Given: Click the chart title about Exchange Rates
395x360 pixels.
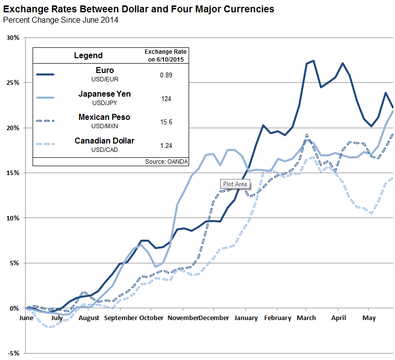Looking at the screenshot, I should pos(138,9).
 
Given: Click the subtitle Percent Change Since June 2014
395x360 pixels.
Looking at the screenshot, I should pos(61,20).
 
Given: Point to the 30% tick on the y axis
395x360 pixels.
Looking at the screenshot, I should pos(12,38).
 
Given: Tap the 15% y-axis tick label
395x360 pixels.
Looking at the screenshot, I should pos(12,173).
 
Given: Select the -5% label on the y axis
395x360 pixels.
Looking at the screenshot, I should pos(12,353).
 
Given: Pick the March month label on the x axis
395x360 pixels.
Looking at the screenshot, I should pos(306,318).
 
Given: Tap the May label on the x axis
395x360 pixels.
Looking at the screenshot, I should pos(368,318).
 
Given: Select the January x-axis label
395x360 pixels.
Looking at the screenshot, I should pos(245,318).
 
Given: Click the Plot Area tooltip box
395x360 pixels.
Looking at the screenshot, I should pos(236,184).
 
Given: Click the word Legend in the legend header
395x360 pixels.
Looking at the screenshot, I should pos(88,55).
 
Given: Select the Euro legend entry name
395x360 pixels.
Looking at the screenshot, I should pos(105,71).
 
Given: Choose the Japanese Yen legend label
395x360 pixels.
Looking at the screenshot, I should pos(105,94).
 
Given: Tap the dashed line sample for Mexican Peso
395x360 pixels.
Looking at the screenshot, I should pos(45,121).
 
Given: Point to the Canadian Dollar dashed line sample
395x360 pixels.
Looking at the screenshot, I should pos(45,144).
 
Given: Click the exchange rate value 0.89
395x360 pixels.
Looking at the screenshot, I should pos(166,74).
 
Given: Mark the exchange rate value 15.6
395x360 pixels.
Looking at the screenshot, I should pos(166,121).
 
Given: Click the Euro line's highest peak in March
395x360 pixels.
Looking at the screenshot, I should pos(314,61).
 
